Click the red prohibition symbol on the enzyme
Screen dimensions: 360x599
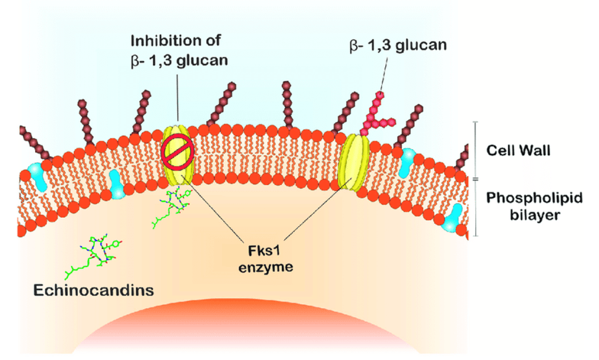click(174, 151)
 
